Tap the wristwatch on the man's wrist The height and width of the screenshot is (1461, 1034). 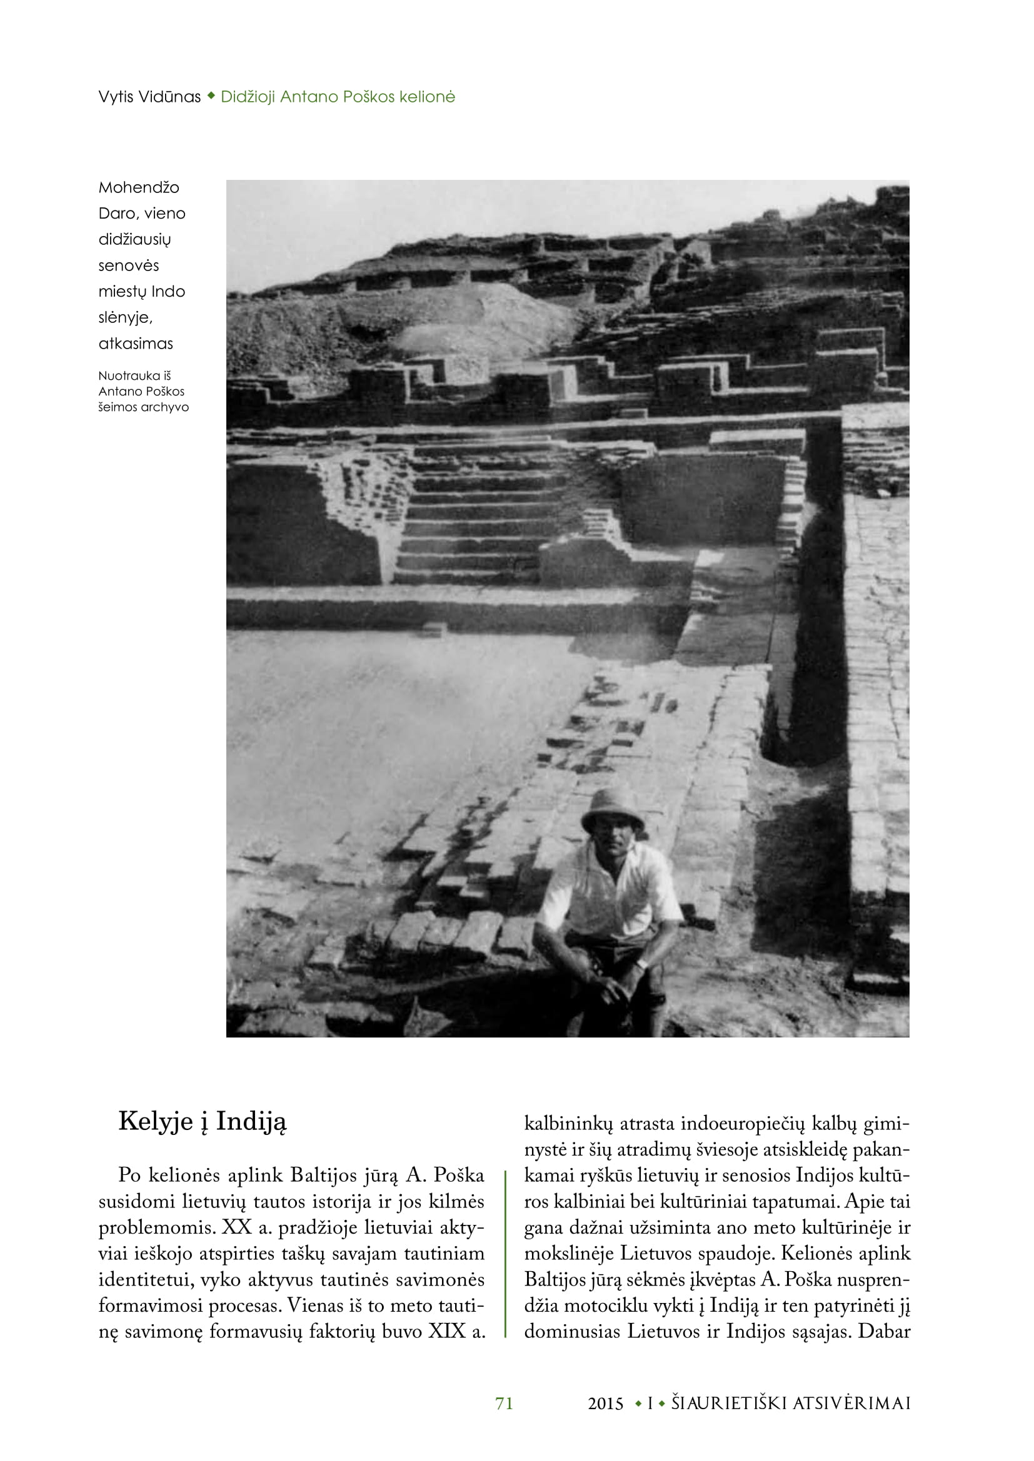click(x=641, y=963)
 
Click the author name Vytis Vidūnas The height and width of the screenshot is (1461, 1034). click(x=149, y=97)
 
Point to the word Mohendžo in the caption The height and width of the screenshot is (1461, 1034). click(x=139, y=188)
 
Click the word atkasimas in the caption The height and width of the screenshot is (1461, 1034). click(x=136, y=344)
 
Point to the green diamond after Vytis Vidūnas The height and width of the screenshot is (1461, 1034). click(x=211, y=97)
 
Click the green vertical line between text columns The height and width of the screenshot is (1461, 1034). click(x=505, y=1254)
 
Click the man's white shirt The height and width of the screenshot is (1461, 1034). click(x=611, y=891)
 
